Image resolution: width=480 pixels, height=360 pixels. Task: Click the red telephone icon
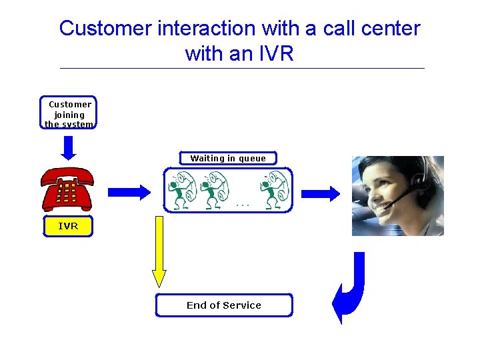tap(67, 189)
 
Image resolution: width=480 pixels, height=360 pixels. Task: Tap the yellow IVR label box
tap(68, 227)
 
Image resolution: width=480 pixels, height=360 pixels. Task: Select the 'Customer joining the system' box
tap(69, 113)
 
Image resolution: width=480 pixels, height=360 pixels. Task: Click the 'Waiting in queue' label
tap(228, 159)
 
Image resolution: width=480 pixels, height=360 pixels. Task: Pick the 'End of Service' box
tap(224, 305)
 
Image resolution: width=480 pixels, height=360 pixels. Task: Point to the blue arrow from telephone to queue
tap(129, 192)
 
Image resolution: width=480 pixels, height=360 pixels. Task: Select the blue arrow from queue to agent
tap(321, 193)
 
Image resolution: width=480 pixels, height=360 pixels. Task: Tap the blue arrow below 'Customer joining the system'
tap(69, 147)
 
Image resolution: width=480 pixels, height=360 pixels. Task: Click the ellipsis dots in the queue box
tap(243, 205)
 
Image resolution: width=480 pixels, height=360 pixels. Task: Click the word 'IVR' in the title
tap(275, 53)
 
